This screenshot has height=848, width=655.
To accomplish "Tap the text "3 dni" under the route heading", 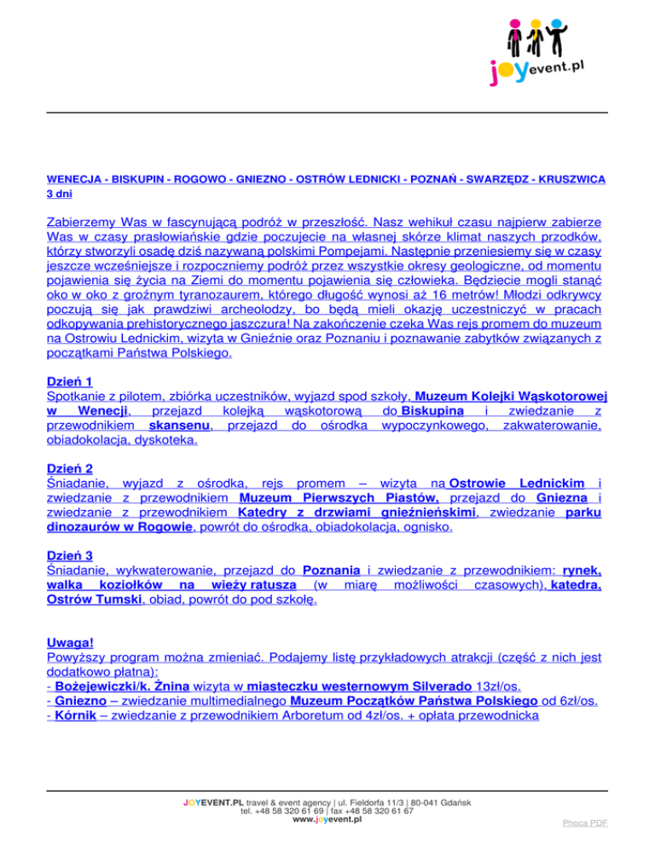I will [58, 195].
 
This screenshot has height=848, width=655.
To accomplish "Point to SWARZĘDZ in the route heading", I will [493, 180].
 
